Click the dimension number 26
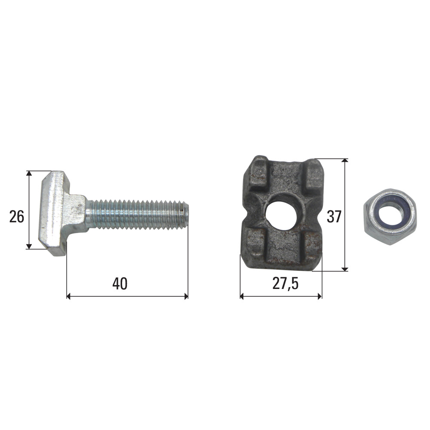pos(17,216)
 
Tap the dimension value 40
pos(120,283)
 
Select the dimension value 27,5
pos(285,284)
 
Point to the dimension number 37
pos(334,217)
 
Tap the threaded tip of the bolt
pos(185,214)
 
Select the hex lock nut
pos(390,217)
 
